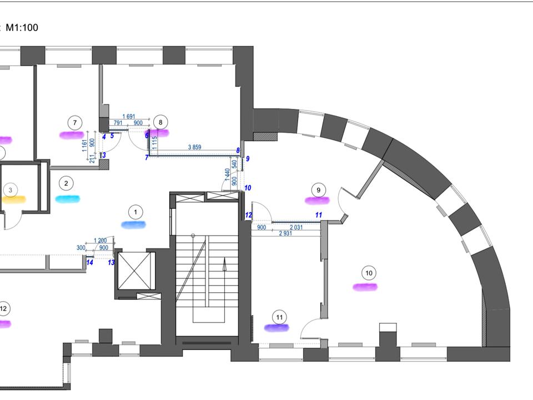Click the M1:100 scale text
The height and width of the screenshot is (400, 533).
tap(22, 27)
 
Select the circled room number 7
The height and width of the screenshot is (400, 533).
tap(74, 122)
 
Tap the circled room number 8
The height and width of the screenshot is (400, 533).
tap(160, 122)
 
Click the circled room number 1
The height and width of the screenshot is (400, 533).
tap(134, 212)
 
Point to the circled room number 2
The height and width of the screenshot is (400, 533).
tap(66, 183)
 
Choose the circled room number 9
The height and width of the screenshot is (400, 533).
tap(318, 190)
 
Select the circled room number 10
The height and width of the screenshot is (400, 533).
tap(369, 273)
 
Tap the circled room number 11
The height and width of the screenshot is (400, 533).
tap(280, 318)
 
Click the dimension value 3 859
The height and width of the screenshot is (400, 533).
tap(194, 147)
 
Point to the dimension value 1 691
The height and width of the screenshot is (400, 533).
tap(129, 117)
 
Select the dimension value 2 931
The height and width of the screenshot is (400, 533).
tap(285, 233)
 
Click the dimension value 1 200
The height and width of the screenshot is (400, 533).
tap(100, 241)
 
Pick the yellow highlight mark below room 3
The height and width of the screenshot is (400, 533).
tap(13, 199)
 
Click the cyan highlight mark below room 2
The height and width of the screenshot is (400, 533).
tap(67, 198)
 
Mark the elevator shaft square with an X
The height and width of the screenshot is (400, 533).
tap(135, 272)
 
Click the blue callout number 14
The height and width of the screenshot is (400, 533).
tap(90, 262)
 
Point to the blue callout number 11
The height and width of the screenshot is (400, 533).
tap(318, 214)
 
